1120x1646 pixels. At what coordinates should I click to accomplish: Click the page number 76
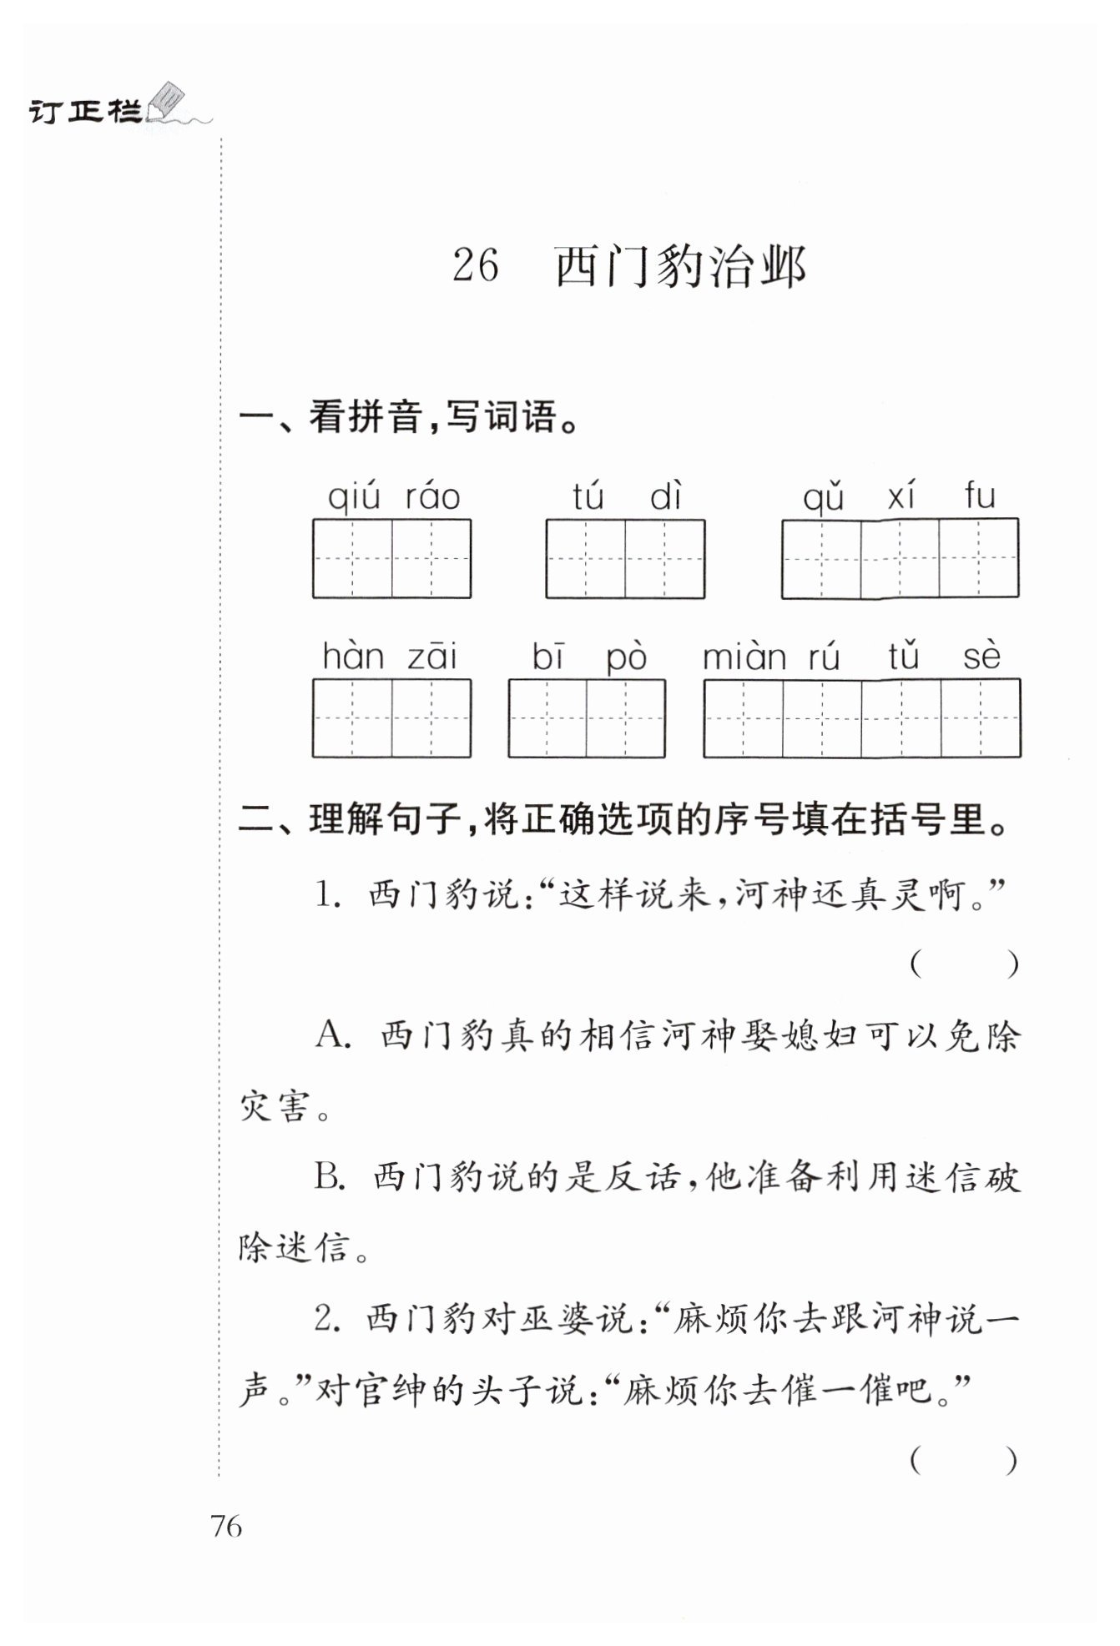226,1527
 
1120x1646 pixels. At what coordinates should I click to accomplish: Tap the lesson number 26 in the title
476,266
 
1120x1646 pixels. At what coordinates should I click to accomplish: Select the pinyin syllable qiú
354,498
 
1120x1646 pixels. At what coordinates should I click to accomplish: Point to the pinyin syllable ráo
432,497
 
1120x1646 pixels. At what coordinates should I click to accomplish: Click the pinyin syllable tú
588,497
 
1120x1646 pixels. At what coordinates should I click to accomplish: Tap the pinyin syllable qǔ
823,498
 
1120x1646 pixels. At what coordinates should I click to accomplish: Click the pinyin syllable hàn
353,657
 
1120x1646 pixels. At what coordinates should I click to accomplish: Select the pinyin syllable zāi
432,657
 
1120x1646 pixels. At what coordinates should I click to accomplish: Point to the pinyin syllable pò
626,658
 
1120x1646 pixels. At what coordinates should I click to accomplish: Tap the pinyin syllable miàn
744,657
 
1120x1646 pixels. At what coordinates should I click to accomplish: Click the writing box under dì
665,558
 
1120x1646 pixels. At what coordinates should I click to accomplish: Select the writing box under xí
901,558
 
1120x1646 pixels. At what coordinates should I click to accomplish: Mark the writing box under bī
547,718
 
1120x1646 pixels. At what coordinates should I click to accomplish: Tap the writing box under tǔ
902,718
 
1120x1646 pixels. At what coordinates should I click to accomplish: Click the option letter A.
331,1037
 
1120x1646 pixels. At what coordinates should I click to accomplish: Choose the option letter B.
330,1179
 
